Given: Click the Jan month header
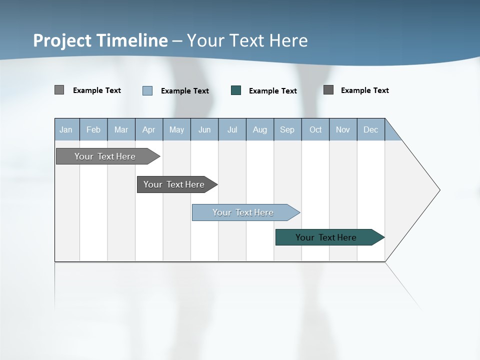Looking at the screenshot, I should (66, 129).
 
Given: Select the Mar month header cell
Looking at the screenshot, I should (121, 129).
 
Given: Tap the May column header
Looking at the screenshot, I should (176, 129).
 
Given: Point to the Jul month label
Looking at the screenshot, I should (232, 129).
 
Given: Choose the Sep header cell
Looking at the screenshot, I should (287, 129).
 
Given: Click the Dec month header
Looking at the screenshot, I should (370, 129).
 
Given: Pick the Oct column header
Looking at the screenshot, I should (315, 129).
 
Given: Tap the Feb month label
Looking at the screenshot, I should (93, 129).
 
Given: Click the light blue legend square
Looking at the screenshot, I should (147, 90).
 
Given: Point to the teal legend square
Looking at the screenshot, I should (236, 90).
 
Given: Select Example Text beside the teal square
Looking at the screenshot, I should (272, 91).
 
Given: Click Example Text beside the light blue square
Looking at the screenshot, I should (184, 91).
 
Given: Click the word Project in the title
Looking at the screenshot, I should (62, 40).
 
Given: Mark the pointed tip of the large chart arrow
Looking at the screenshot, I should (439, 190).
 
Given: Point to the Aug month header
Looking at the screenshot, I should (259, 129).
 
